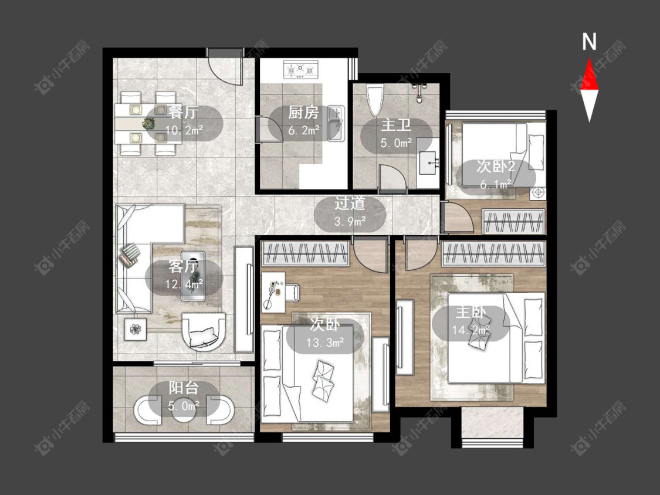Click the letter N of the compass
pos(589,42)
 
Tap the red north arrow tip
pos(589,59)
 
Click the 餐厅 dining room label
pos(184,113)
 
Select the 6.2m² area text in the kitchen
pos(303,130)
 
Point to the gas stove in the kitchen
pos(300,69)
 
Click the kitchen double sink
pos(336,124)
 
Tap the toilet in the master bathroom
pos(375,100)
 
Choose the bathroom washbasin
pos(428,162)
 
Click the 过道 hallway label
pos(350,204)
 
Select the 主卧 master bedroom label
pos(471,313)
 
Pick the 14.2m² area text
pos(471,330)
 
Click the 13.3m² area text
pos(325,343)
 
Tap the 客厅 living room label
pos(183,266)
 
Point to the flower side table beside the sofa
pos(135,329)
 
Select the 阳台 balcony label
pos(184,388)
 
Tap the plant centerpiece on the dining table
pos(148,123)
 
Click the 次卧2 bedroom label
pos(495,166)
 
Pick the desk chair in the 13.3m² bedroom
pos(293,292)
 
